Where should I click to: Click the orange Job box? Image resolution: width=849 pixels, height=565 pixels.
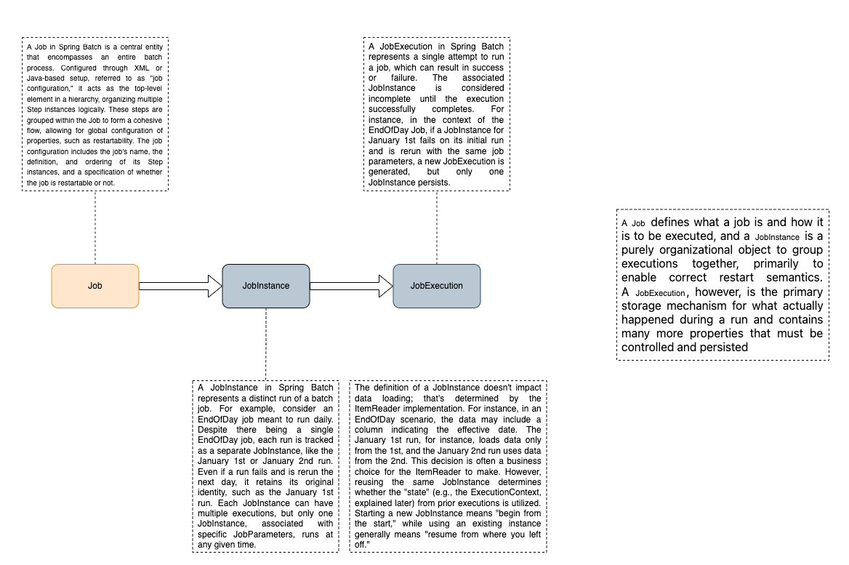tap(95, 286)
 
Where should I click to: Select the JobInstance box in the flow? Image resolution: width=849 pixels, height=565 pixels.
tap(266, 286)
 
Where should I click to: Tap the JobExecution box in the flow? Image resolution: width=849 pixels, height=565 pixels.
tap(437, 286)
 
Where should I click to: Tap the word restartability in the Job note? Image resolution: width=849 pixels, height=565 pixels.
tap(99, 141)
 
